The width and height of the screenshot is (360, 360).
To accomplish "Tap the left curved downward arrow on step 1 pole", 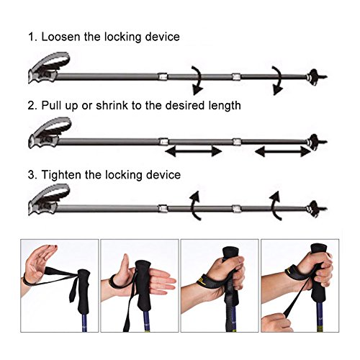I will (196, 78).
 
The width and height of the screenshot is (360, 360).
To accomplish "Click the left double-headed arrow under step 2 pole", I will (194, 151).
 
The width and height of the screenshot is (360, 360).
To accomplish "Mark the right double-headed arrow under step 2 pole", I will (283, 151).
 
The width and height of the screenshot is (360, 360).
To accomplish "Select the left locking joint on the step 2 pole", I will (164, 141).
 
